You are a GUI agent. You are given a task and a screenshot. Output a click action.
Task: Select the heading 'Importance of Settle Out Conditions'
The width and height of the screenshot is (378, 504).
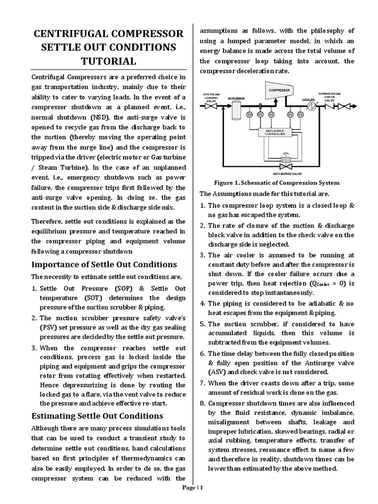(104, 264)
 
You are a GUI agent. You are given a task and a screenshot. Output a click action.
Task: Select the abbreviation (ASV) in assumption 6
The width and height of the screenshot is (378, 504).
(219, 372)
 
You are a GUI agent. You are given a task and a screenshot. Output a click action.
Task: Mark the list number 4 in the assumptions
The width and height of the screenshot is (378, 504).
(202, 303)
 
